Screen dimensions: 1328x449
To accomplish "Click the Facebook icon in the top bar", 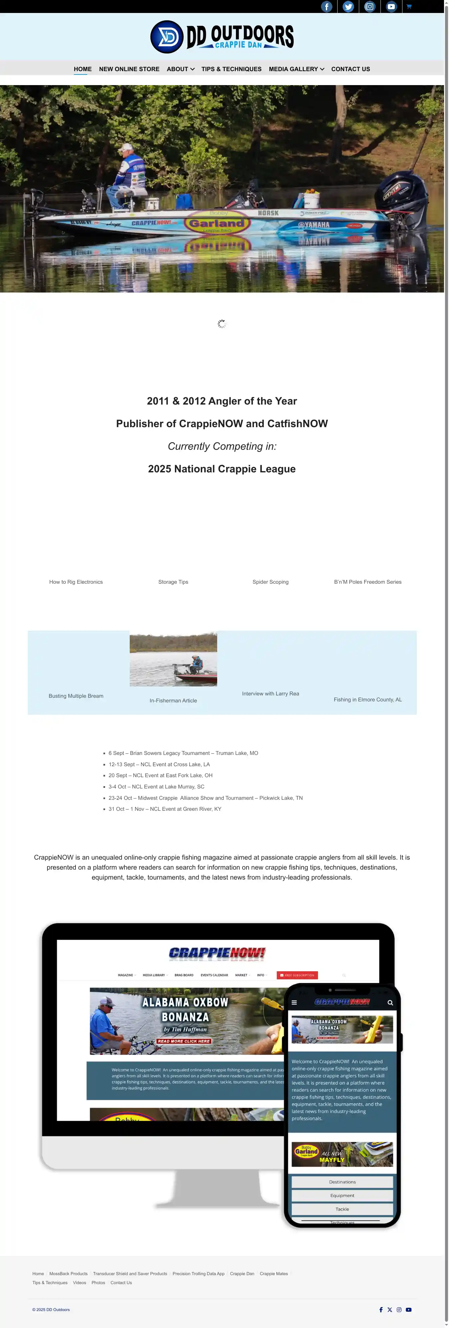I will point(327,7).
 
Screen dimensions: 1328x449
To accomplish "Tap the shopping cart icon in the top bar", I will point(409,7).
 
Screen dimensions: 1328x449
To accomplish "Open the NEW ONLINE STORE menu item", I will point(129,69).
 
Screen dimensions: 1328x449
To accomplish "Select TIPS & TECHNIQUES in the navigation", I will point(231,69).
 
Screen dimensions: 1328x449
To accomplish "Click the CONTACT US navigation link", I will point(351,69).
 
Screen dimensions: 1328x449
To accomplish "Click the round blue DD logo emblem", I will point(167,37).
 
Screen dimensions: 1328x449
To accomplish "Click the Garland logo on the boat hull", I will point(217,223).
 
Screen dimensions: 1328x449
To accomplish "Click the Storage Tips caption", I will point(173,582).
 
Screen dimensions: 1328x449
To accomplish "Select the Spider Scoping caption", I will point(270,582).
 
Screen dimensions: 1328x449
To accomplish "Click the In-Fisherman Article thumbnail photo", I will point(173,660).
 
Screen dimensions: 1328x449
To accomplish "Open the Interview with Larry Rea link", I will point(270,694).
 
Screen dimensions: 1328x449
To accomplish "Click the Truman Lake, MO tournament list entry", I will point(183,753).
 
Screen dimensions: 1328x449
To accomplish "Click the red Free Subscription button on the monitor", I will point(297,975).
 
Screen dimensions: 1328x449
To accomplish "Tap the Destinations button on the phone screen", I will point(342,1182).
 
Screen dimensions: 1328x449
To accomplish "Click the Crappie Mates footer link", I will point(273,1273).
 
